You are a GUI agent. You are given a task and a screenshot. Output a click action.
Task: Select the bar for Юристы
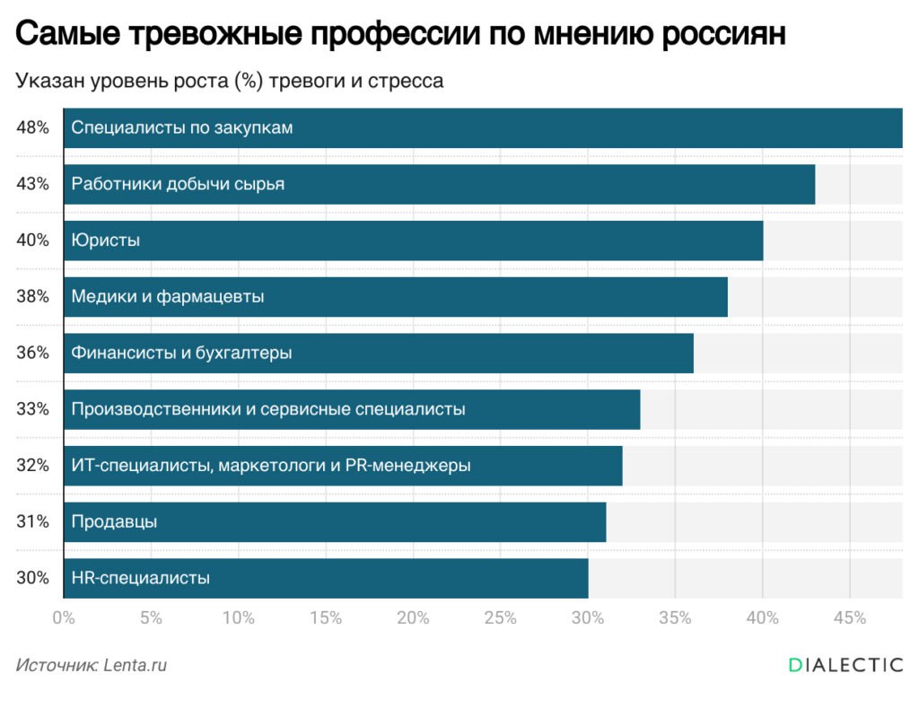(413, 240)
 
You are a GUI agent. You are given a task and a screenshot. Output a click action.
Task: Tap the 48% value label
(32, 127)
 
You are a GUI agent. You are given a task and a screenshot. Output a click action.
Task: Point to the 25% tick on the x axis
(500, 617)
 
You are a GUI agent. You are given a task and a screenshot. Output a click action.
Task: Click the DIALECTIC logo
(845, 665)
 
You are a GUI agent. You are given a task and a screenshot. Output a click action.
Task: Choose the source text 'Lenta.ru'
(136, 666)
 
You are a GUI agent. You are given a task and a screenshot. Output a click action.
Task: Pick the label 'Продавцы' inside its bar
(114, 521)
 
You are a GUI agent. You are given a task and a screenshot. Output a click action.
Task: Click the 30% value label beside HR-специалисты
(32, 578)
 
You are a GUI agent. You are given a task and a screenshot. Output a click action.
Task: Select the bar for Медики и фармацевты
(395, 296)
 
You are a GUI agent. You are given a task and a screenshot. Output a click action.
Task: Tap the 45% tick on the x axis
(849, 617)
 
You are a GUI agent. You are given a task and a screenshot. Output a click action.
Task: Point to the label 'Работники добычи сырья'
(178, 184)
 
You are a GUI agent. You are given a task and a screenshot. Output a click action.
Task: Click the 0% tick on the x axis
(63, 617)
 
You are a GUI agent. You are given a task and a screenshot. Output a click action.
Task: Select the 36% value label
(32, 353)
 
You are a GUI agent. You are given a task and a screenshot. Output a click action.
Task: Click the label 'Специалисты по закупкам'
(182, 127)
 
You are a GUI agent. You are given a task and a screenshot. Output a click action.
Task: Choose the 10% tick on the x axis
(238, 617)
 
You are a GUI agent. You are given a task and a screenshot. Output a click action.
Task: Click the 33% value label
(32, 409)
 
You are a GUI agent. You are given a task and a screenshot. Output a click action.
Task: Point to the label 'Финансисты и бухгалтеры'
(181, 353)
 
